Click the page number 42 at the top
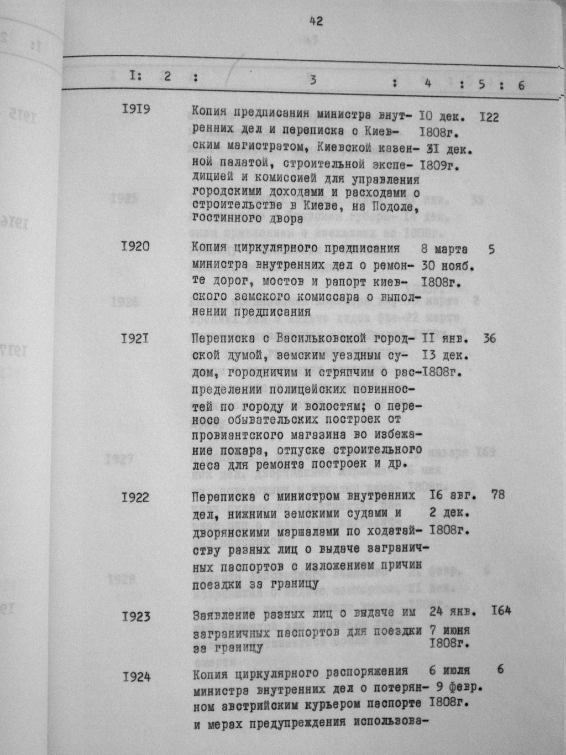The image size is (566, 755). pyautogui.click(x=316, y=22)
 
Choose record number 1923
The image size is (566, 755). pyautogui.click(x=136, y=616)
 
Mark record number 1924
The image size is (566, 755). pyautogui.click(x=136, y=676)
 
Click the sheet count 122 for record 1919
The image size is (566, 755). pyautogui.click(x=489, y=117)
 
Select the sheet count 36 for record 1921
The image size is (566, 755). pyautogui.click(x=489, y=338)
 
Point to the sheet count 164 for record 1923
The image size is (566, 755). pyautogui.click(x=500, y=611)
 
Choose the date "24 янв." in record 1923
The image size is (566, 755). pyautogui.click(x=451, y=612)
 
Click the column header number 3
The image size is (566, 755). pyautogui.click(x=313, y=80)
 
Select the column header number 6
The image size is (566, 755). pyautogui.click(x=520, y=85)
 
